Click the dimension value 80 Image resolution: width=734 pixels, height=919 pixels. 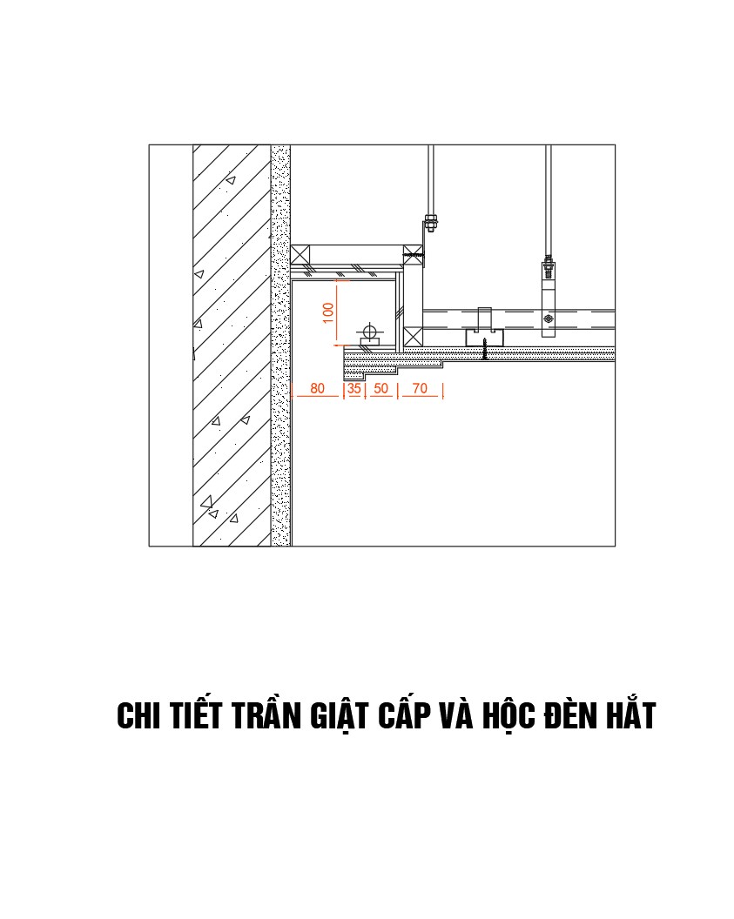317,389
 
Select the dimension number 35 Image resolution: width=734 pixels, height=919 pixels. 354,389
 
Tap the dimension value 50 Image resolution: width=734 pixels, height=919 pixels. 380,389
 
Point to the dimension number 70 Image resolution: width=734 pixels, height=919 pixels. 420,389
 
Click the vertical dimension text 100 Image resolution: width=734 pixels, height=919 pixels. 328,313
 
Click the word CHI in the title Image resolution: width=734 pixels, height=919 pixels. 140,716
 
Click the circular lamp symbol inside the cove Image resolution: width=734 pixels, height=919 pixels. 370,332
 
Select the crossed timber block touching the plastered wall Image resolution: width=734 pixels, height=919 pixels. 300,256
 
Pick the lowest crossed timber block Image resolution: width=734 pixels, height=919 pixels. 413,337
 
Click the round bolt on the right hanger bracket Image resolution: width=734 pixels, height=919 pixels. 548,319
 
